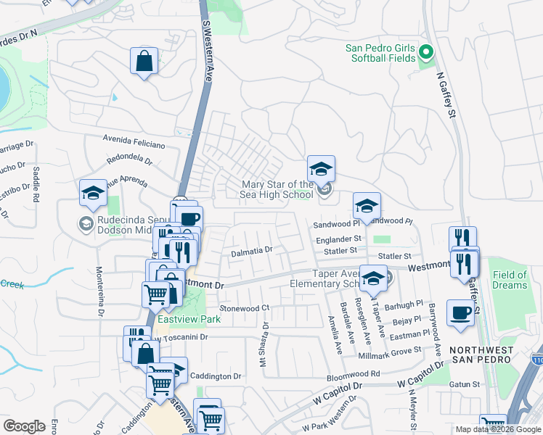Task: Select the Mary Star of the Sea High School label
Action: pos(278,189)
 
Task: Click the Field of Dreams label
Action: pos(510,280)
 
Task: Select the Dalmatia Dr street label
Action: pos(251,251)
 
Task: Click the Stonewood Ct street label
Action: pos(245,308)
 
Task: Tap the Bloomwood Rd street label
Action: pos(354,374)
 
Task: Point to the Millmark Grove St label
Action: pos(391,351)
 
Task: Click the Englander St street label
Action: pos(338,238)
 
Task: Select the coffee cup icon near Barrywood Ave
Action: pos(460,312)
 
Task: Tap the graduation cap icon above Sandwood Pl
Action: pos(367,206)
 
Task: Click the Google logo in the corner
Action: pos(24,426)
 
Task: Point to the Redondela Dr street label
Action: pos(130,159)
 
